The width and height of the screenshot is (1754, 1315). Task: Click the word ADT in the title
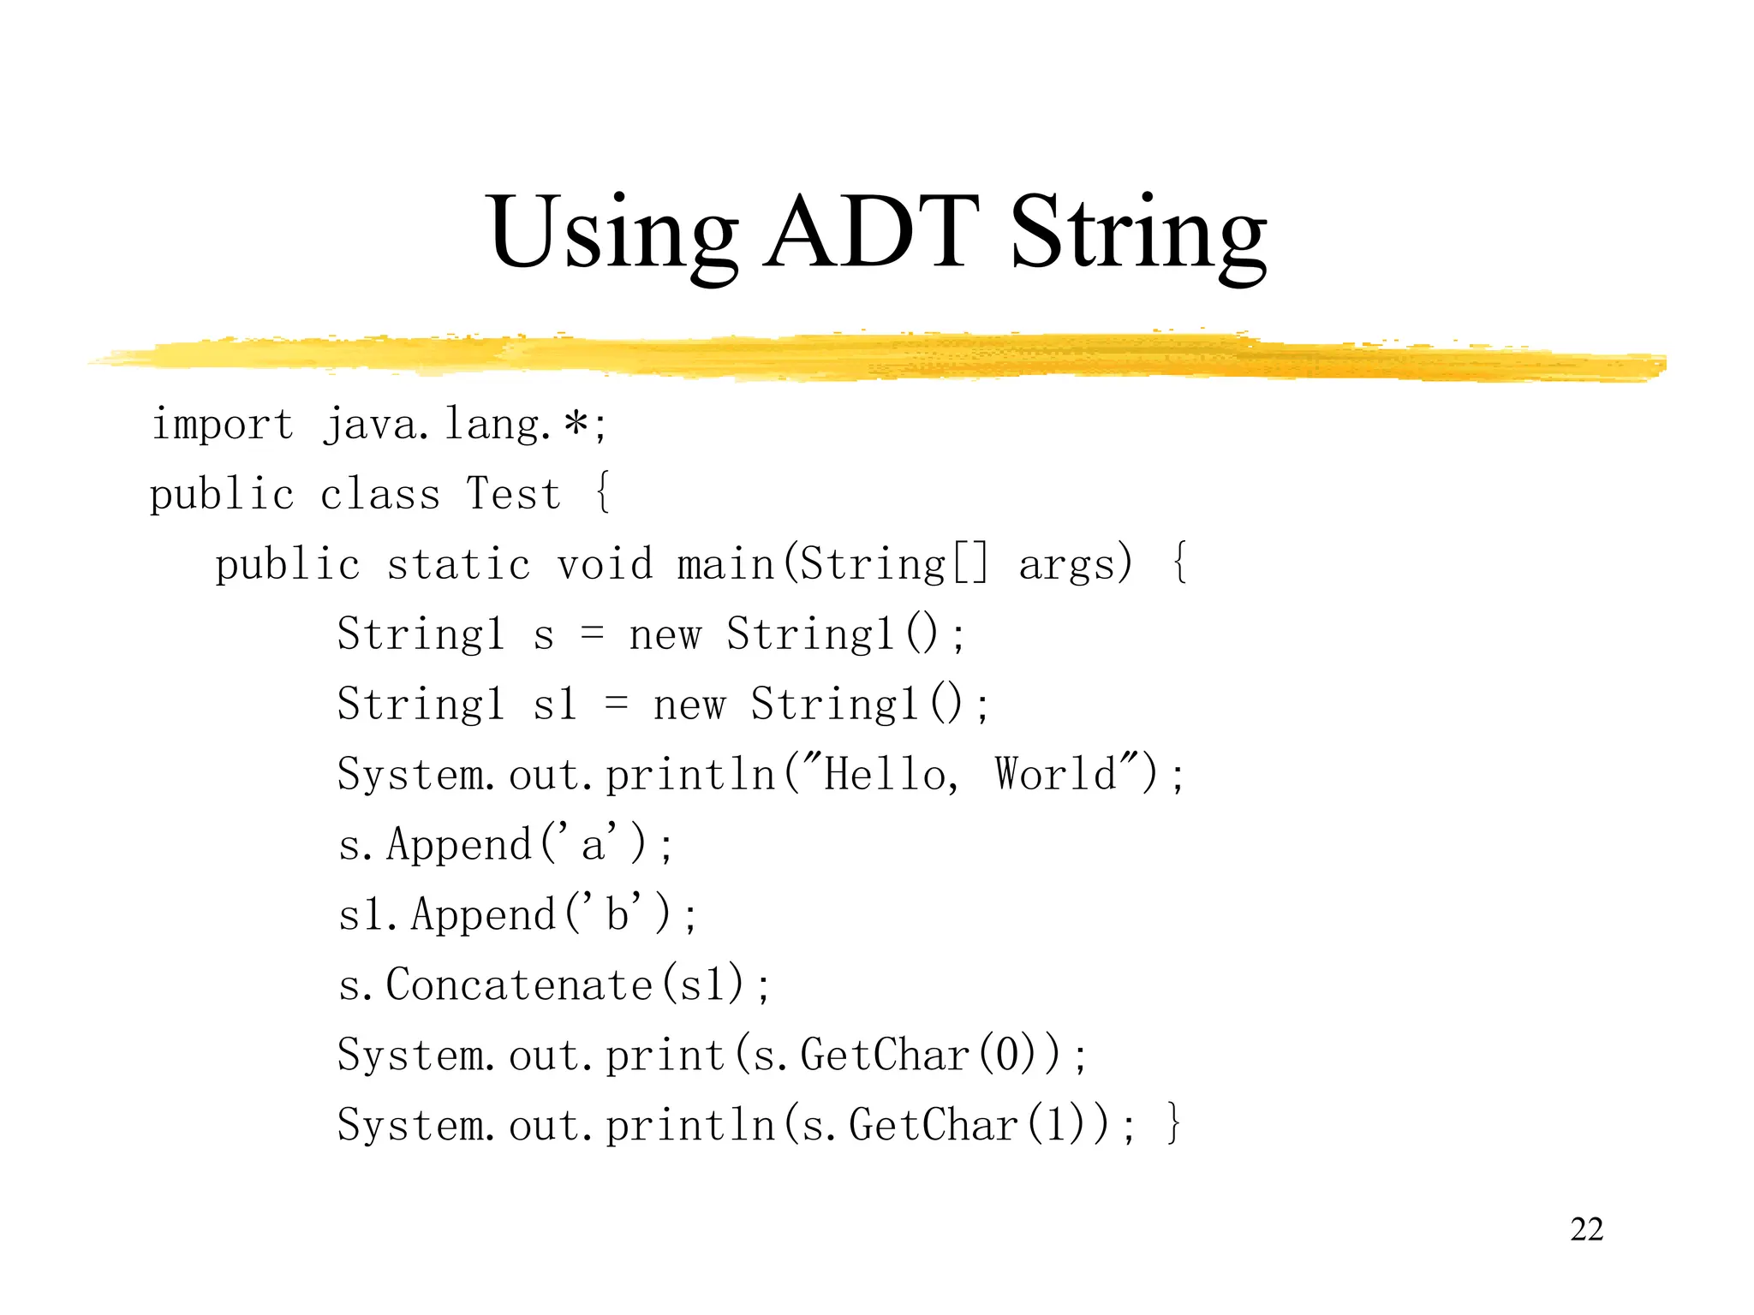click(871, 231)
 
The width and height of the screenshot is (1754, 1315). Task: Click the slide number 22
click(1586, 1229)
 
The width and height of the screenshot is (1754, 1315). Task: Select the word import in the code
click(222, 425)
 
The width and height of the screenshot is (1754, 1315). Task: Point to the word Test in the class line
click(513, 494)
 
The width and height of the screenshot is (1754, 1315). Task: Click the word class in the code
click(379, 494)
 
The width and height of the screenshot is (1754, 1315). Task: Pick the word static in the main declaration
click(458, 565)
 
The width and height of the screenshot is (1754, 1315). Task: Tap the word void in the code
click(605, 565)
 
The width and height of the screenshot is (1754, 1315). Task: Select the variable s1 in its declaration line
click(555, 705)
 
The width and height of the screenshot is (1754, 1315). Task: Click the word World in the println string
click(1056, 774)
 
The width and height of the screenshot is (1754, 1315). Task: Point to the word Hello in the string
click(886, 774)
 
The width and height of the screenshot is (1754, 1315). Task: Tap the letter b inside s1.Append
click(617, 914)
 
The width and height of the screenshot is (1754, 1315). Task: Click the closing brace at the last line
click(1174, 1124)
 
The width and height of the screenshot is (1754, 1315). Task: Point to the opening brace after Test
click(603, 493)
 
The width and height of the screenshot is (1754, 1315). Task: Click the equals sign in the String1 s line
click(592, 634)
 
